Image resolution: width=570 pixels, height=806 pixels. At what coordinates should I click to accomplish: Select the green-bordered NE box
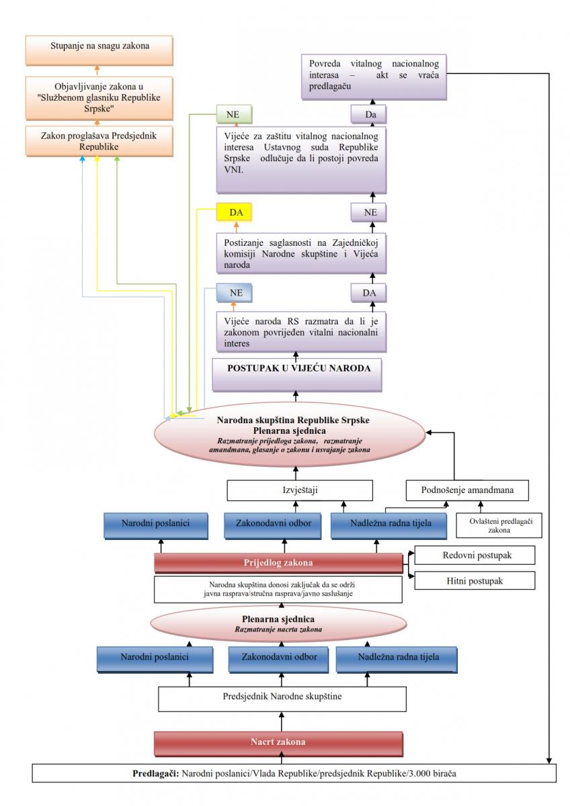click(233, 115)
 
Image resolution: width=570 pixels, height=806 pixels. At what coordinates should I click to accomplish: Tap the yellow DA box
click(233, 213)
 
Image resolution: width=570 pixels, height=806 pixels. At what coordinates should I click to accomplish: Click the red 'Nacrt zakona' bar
click(278, 742)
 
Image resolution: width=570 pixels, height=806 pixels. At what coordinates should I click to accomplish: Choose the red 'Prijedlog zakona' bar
click(278, 563)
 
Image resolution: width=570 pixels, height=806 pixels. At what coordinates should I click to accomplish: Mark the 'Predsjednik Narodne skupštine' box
click(282, 697)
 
